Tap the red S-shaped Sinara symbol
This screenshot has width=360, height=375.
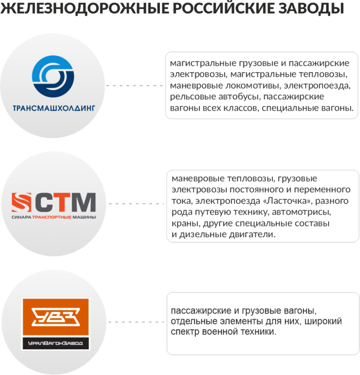[x=22, y=202]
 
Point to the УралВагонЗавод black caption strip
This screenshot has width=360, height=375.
[x=56, y=344]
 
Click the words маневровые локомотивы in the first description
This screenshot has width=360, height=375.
[x=218, y=86]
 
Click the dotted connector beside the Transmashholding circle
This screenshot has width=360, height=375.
[x=135, y=86]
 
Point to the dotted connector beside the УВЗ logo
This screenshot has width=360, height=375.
[x=136, y=322]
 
